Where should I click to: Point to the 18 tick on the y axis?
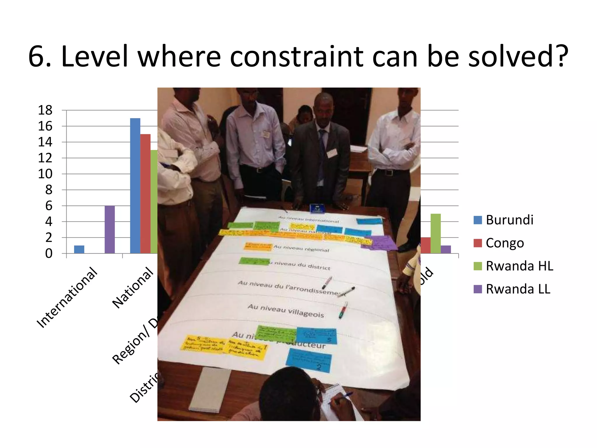[x=45, y=110]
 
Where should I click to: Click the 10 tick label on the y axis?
[x=45, y=174]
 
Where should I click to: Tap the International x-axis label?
[x=67, y=297]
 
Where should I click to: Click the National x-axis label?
[x=133, y=288]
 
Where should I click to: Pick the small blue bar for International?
[x=79, y=249]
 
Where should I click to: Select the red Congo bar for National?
[x=145, y=194]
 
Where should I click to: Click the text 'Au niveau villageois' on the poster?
[x=286, y=310]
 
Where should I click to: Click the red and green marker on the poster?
[x=343, y=310]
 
